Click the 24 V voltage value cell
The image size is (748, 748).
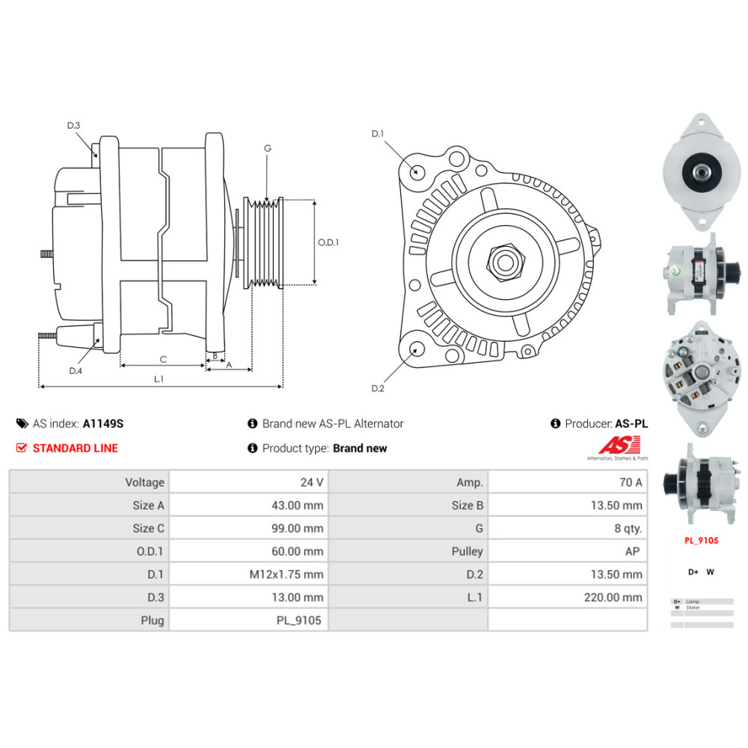312,482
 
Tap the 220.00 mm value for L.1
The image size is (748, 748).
613,597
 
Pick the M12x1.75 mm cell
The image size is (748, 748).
286,574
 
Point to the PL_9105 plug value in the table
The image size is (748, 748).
300,620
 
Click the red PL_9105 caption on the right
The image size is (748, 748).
701,539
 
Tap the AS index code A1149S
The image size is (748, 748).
102,423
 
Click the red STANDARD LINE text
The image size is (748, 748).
75,448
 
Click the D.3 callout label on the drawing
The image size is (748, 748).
73,126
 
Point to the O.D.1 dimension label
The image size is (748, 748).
328,242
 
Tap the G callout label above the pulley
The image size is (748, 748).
267,148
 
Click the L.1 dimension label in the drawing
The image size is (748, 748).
159,379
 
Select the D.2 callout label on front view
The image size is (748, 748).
378,388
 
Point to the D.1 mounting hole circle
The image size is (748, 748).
418,171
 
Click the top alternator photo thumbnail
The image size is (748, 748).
701,171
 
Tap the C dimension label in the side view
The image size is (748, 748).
162,358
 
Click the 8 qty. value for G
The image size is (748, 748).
628,528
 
